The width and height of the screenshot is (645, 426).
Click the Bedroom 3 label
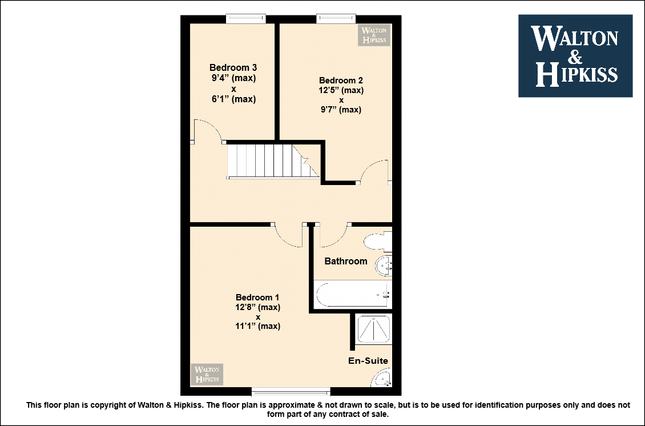(233, 67)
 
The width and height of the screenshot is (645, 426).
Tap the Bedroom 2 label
(341, 81)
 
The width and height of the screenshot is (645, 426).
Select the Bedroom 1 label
(257, 297)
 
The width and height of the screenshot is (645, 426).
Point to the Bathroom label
(345, 261)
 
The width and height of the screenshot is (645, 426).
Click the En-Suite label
(368, 360)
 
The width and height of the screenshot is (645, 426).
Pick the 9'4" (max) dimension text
(233, 78)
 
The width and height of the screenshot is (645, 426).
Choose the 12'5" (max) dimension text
(341, 90)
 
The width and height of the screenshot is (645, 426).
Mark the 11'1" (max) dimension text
(258, 326)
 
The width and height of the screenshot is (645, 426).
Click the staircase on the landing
(273, 161)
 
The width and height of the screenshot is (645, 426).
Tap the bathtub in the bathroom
(353, 294)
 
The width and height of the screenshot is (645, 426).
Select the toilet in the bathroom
(378, 242)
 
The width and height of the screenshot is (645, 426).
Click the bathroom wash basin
(384, 266)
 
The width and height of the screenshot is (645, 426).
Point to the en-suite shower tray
(373, 329)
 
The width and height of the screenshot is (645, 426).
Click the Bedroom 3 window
(245, 18)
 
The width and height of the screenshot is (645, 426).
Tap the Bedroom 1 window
(291, 391)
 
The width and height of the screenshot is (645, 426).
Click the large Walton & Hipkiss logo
(575, 56)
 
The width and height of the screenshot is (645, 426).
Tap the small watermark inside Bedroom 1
(207, 374)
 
